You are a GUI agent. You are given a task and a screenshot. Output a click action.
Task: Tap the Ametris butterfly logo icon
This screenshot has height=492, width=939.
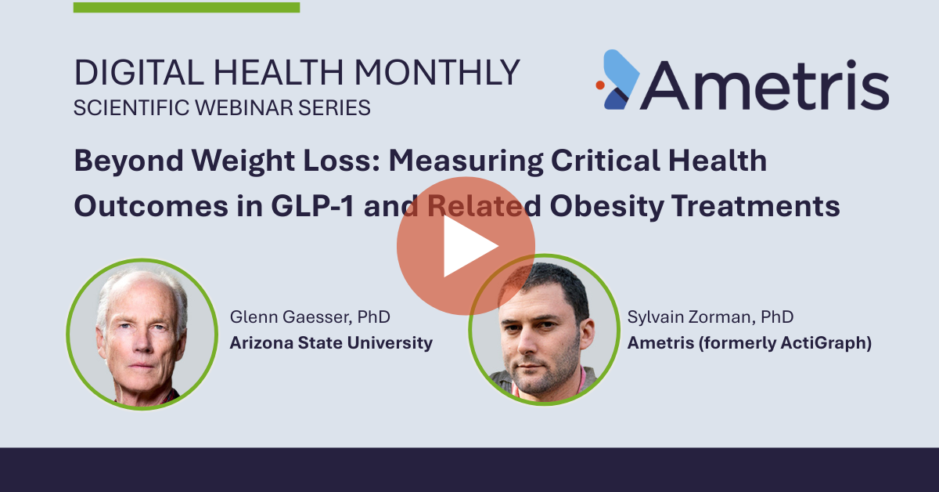pos(619,80)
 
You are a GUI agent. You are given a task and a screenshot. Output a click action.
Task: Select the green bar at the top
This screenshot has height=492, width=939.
pos(186,8)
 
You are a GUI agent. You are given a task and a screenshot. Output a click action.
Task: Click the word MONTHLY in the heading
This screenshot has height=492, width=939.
pos(437,73)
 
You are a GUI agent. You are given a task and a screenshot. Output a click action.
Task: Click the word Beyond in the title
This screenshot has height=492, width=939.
pos(128,161)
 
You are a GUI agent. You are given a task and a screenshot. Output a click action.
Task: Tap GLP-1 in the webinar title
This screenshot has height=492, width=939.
pos(313,206)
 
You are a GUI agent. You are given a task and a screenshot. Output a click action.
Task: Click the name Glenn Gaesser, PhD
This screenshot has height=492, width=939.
pos(310,317)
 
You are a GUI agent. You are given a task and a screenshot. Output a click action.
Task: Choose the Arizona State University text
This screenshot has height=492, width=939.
pos(331,343)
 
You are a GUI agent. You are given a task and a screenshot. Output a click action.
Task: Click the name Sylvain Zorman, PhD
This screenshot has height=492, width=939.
pos(711,317)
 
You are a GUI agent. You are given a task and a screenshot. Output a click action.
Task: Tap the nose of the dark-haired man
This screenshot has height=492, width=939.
pos(526,343)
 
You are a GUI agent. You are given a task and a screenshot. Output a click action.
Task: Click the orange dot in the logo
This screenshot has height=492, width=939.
pos(600,85)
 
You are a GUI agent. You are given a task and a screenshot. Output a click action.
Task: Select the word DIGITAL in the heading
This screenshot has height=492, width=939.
pos(139,73)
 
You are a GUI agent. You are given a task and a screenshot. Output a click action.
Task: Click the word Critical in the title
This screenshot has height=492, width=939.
pos(606,161)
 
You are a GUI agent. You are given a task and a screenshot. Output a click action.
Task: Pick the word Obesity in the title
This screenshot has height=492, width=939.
pos(607,206)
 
